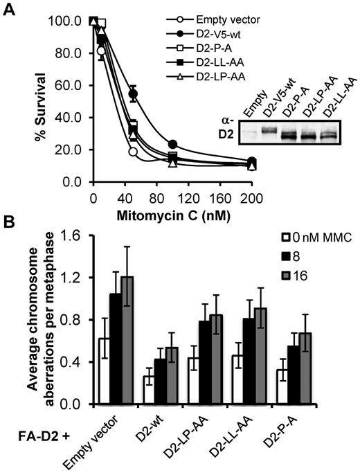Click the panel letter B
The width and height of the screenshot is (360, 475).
8,225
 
